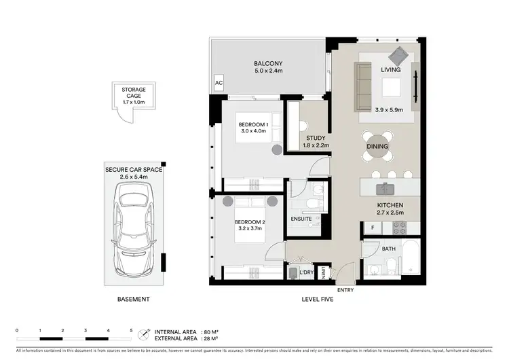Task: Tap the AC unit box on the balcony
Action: point(219,84)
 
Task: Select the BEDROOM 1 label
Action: point(252,124)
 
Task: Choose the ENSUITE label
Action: point(301,219)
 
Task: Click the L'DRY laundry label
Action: point(306,272)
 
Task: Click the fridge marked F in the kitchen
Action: point(373,228)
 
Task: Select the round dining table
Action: point(377,146)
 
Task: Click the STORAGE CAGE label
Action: point(134,90)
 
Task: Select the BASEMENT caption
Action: point(133,299)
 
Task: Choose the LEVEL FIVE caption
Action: point(320,299)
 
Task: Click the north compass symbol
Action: point(143,334)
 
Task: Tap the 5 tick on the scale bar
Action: point(131,330)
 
